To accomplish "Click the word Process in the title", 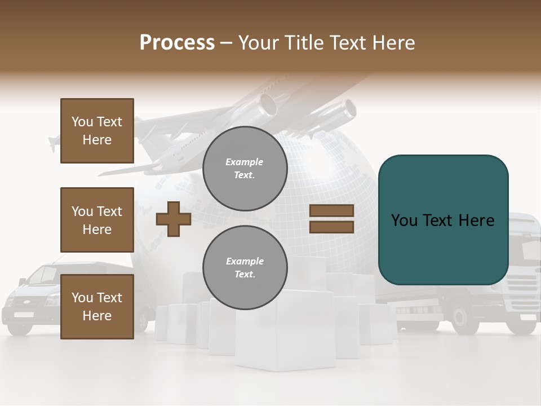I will pos(177,43).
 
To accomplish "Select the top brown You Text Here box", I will pos(97,131).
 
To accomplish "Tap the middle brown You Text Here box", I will pos(97,220).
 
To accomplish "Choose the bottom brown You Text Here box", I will pos(97,307).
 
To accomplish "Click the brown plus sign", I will pos(174,219).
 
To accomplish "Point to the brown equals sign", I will pos(331,219).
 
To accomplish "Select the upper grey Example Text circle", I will pos(245,169).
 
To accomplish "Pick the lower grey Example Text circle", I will pos(245,268).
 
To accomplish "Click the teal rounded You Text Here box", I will pos(443,220).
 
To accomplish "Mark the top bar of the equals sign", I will pos(331,211).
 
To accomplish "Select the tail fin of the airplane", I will pos(55,142).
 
